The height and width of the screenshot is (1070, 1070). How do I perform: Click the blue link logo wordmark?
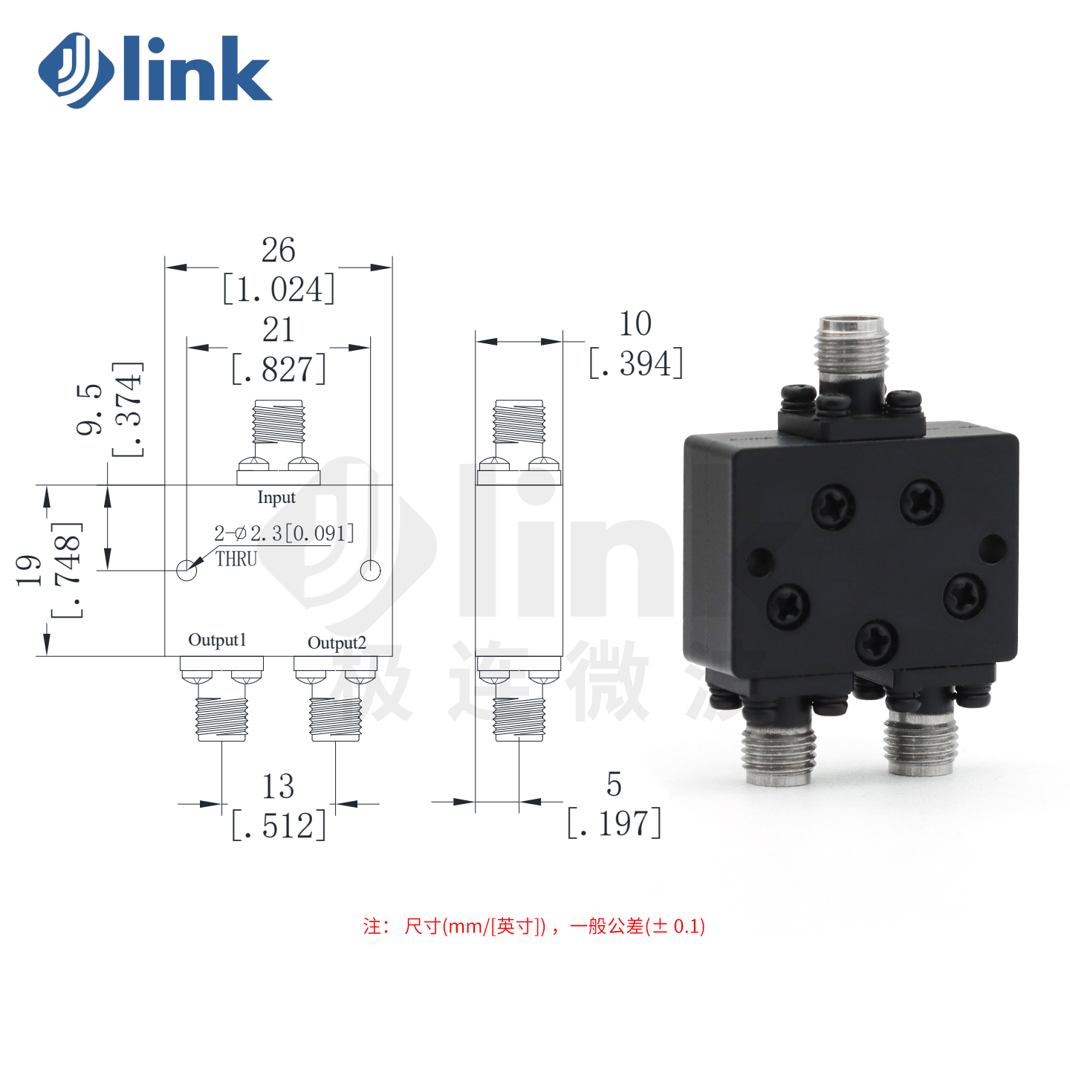tap(155, 70)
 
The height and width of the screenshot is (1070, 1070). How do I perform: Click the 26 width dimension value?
tap(278, 250)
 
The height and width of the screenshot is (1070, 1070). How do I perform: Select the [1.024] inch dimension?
tap(278, 289)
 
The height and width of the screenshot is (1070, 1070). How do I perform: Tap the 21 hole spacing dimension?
tap(278, 330)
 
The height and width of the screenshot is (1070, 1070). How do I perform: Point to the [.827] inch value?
tap(278, 369)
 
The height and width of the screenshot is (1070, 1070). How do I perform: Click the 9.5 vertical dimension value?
tap(89, 409)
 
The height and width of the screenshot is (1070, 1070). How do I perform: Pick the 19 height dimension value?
tap(29, 570)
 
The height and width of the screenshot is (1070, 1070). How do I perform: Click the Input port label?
tap(276, 498)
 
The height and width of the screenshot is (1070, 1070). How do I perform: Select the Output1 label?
tap(217, 641)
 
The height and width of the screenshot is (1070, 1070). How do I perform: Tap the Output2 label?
tap(337, 643)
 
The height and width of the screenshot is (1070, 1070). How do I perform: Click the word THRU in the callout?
tap(236, 559)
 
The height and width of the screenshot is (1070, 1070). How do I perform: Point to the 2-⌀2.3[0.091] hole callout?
tap(284, 534)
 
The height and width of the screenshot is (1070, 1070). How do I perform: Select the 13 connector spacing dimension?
tap(278, 786)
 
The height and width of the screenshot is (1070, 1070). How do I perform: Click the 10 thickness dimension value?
tap(635, 324)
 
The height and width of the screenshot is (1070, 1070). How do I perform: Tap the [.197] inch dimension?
tap(614, 823)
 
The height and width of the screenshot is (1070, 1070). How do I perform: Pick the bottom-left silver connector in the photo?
tap(779, 752)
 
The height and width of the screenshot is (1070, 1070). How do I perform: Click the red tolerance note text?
tap(534, 926)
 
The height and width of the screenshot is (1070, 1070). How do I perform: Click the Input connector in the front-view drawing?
tap(278, 442)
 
